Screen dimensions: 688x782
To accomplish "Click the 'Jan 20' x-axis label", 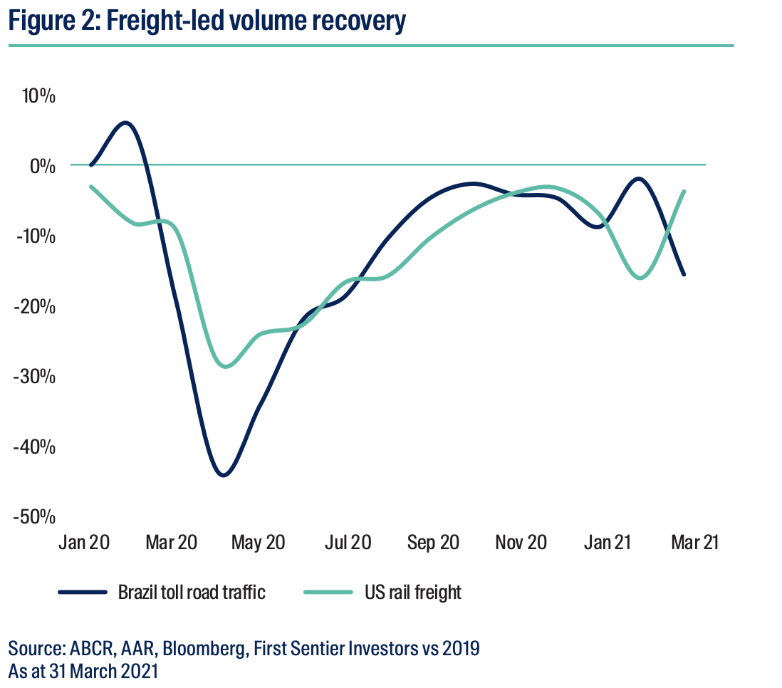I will click(x=84, y=543).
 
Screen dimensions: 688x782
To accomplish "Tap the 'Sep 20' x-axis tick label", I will click(x=433, y=543).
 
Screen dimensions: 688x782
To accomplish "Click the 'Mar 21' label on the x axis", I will click(x=694, y=543).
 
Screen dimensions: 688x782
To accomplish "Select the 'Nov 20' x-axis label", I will click(x=521, y=543).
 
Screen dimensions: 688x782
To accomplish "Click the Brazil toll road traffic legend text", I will click(x=192, y=592).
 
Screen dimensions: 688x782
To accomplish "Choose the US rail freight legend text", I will click(x=412, y=592).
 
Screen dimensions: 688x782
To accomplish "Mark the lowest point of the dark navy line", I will click(x=224, y=475).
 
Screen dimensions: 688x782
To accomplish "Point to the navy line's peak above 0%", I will click(x=125, y=123).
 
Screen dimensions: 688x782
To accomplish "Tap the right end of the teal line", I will click(x=684, y=191).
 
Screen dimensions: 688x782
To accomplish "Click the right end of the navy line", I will click(x=684, y=274).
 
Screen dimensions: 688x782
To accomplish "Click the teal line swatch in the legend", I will click(x=328, y=592).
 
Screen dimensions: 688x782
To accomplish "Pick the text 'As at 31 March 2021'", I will click(x=83, y=671).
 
